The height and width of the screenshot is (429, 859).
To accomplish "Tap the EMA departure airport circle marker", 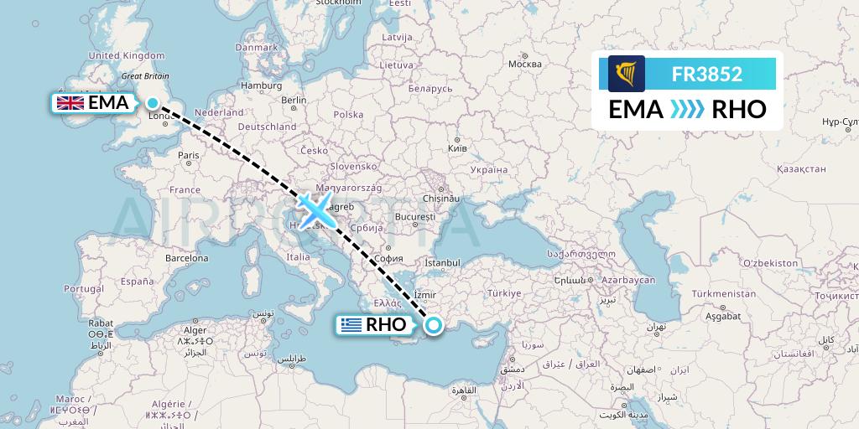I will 153,104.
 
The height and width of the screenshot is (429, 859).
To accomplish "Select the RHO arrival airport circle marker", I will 434,326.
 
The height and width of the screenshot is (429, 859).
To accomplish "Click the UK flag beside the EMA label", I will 69,104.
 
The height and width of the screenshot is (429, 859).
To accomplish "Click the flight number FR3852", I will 706,74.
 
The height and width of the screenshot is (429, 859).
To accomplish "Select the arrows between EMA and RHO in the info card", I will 687,109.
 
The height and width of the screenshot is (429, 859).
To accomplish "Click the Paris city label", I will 189,155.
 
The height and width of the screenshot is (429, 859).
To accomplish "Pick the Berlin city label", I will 294,100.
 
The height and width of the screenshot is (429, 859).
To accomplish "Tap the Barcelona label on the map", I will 186,258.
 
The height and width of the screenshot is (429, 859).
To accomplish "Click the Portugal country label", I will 83,289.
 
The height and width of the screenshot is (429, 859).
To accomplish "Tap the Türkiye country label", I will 505,293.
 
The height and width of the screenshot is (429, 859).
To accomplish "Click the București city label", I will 412,216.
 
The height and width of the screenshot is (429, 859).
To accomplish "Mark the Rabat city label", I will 100,323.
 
